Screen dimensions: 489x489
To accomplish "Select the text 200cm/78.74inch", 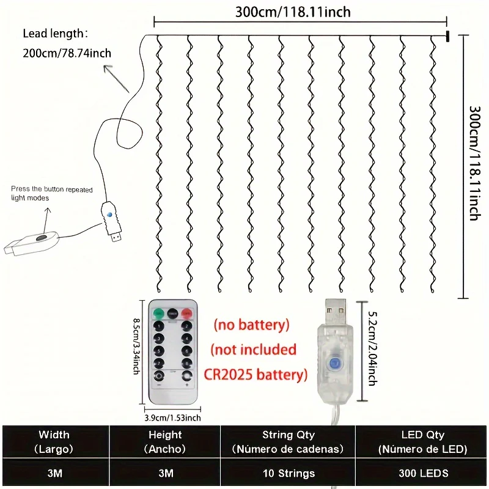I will (67, 53).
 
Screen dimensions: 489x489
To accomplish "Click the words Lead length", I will (55, 34).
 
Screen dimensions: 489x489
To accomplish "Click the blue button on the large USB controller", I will (334, 363).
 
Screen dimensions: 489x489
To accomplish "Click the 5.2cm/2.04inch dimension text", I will (373, 351).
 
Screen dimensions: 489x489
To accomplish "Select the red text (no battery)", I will (251, 325).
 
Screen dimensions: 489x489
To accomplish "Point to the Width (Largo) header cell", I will (54, 441).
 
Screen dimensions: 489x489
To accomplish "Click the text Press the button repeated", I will (53, 189).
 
